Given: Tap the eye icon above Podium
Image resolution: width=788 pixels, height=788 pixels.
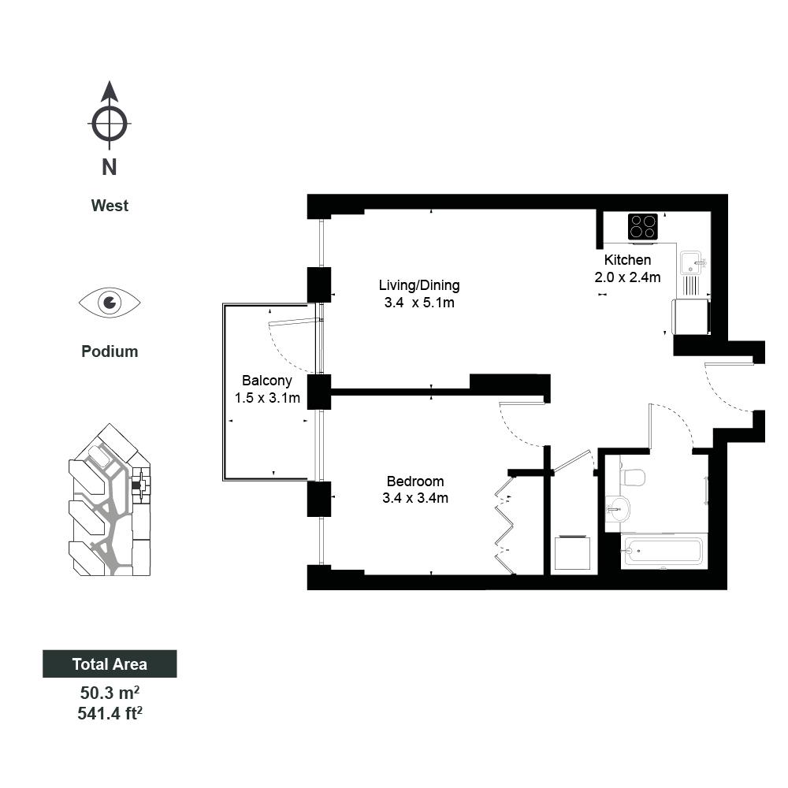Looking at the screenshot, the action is click(110, 303).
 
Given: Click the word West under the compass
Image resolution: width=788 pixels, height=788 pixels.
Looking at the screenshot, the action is click(110, 206).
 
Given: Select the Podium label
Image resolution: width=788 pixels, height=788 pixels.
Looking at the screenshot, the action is click(110, 351).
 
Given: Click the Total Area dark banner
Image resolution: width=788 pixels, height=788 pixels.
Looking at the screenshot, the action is click(110, 663).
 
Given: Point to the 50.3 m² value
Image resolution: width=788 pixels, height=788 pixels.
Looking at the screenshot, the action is click(110, 693).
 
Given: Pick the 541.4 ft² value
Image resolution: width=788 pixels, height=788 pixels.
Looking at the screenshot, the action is click(110, 713).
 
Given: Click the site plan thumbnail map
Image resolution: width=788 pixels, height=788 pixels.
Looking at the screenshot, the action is click(110, 500).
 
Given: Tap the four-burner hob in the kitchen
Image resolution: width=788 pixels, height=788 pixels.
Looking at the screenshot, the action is click(643, 227).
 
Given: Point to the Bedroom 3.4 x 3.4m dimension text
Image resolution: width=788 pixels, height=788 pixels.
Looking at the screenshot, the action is click(415, 498).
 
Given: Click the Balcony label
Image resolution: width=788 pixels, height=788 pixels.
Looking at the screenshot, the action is click(267, 381).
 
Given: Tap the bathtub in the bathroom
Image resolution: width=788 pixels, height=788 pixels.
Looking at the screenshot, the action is click(663, 552).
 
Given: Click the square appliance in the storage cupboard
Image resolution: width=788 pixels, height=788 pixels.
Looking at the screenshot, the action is click(572, 553).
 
